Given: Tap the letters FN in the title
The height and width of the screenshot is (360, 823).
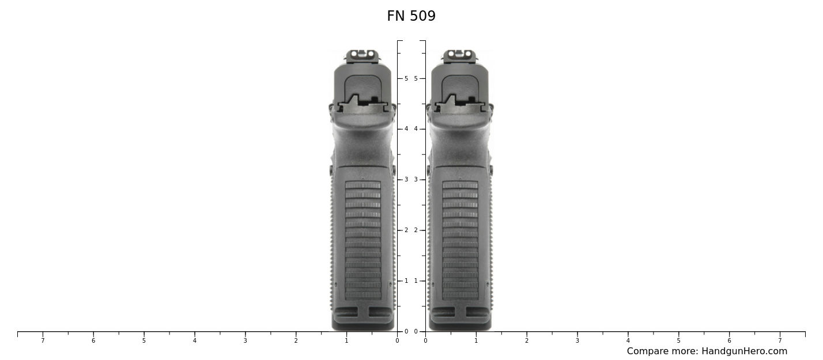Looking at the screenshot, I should point(396,17).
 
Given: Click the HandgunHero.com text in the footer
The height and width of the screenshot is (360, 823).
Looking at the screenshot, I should point(744,351).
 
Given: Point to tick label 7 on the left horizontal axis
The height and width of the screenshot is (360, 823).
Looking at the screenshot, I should point(43,341).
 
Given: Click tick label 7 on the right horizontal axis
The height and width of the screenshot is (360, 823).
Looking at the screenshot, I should point(780,341).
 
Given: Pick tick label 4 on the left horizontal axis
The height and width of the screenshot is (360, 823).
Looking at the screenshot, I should point(195,341).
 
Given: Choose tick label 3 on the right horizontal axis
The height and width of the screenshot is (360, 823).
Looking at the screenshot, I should point(577,341).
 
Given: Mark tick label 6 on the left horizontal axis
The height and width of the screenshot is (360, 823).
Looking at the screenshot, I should point(93,341).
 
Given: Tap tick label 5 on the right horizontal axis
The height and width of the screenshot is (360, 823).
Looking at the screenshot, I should point(678,341).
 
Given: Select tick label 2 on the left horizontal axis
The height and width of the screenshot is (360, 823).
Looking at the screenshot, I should point(296,341).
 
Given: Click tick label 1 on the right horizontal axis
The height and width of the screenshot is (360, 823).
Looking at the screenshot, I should point(476,341).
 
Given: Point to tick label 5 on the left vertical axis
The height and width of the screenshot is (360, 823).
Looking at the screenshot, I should point(406,78).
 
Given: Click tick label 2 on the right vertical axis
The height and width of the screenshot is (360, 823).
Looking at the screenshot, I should point(416,230).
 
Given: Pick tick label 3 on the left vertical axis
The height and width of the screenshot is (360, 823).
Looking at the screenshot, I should point(406,180).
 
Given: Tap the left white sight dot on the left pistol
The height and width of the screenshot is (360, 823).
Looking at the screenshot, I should point(354,54).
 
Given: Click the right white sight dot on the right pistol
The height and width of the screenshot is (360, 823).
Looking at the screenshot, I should point(468,54).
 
